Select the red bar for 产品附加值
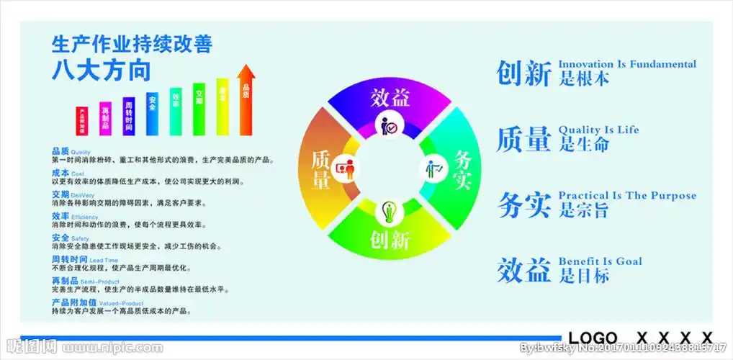click(81, 121)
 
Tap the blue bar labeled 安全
click(152, 114)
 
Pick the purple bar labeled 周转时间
click(128, 117)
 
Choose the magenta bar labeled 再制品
click(105, 119)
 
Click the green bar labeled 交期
click(199, 109)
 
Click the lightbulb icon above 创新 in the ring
click(390, 211)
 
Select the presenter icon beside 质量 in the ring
click(348, 168)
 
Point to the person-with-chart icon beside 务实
click(432, 168)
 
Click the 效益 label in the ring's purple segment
click(390, 97)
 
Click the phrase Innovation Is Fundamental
click(627, 64)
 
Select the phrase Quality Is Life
click(598, 130)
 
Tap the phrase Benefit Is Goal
click(600, 261)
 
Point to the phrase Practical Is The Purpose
click(627, 195)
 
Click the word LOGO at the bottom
click(593, 338)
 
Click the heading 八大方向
click(101, 71)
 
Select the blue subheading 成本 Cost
click(68, 174)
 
